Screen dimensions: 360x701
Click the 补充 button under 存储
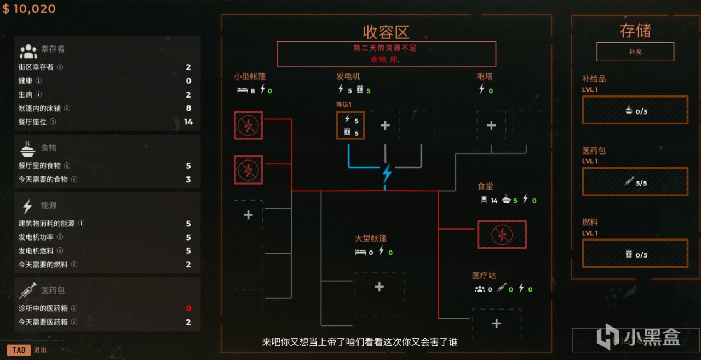coord(635,52)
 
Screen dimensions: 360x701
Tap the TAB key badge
coord(19,350)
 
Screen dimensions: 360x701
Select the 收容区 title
coord(386,32)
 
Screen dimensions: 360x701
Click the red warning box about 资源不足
coord(386,54)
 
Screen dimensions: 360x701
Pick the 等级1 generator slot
coord(350,125)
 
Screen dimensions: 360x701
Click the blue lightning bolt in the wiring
coord(387,173)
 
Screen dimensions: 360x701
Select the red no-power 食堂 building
coord(502,235)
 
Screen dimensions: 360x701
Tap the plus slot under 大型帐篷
coord(379,287)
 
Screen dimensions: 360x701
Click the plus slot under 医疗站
coord(496,324)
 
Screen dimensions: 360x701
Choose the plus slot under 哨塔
coord(491,125)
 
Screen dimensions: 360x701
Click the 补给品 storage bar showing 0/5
coord(635,110)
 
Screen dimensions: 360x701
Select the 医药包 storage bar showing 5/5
coord(635,182)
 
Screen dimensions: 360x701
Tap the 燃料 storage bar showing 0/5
coord(635,254)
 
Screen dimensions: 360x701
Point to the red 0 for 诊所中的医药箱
coord(188,308)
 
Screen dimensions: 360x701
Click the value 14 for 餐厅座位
coord(188,122)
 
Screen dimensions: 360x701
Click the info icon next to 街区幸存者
coord(60,67)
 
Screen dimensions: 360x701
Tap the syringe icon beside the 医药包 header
coord(28,290)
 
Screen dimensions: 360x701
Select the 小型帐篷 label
coord(250,77)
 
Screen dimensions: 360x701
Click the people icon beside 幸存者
coord(28,51)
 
